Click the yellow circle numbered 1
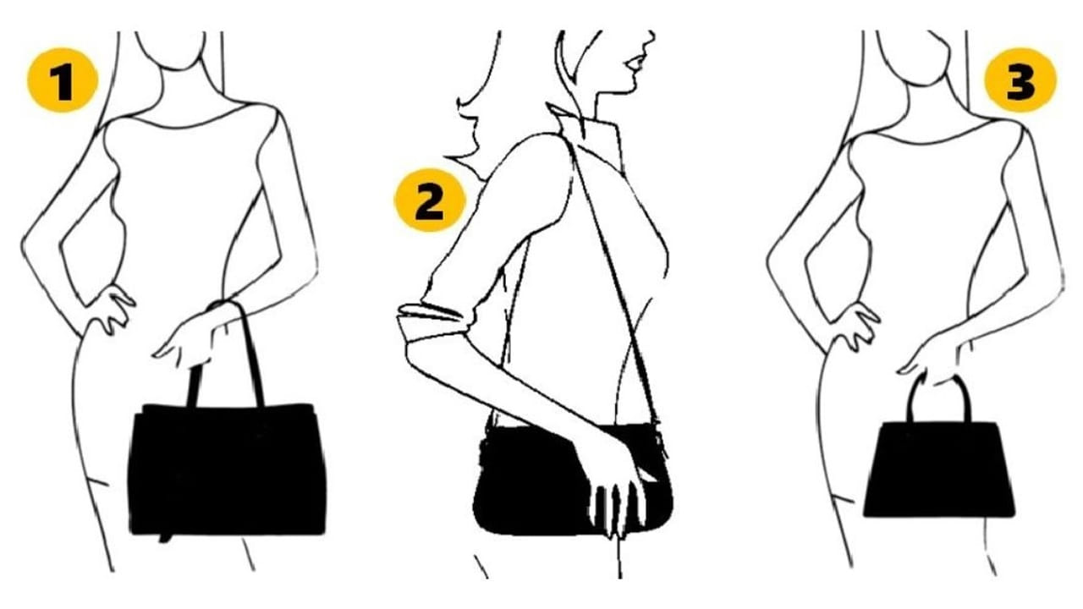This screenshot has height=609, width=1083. click(x=63, y=80)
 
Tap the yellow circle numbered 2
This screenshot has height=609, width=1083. click(x=430, y=200)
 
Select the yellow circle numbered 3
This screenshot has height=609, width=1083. click(x=1020, y=80)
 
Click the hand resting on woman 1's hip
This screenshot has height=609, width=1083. click(x=113, y=310)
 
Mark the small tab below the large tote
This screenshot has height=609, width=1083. click(x=165, y=537)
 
